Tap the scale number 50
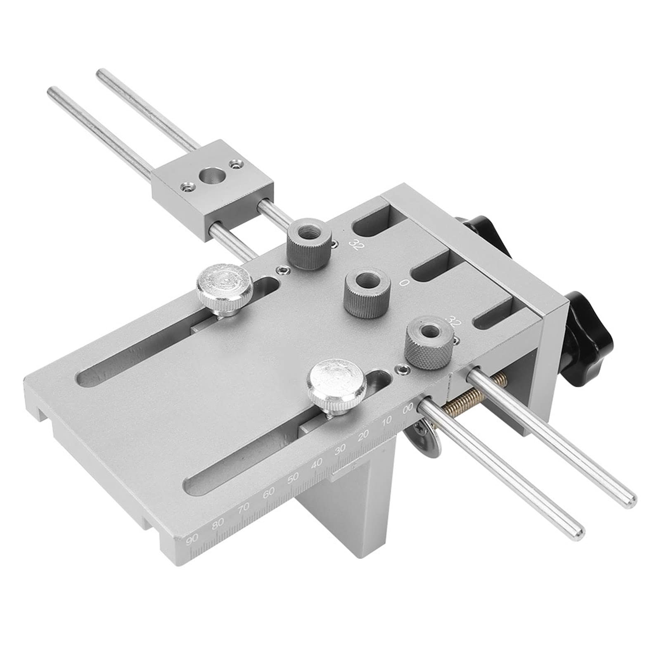point(293,478)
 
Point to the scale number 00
point(408,408)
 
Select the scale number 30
point(340,450)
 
